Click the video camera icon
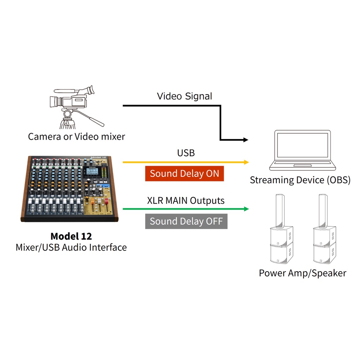(72, 98)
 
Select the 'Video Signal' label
(185, 96)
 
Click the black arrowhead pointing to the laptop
(246, 140)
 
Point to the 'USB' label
(186, 153)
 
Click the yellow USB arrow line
(184, 162)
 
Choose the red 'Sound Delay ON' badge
(185, 174)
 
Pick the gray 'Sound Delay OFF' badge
(186, 221)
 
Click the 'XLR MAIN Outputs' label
(186, 200)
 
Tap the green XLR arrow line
(184, 209)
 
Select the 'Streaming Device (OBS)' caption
(300, 180)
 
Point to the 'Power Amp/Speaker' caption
(303, 273)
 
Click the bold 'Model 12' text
(71, 236)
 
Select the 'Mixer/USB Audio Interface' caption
(71, 247)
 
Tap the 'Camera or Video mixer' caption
(76, 136)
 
